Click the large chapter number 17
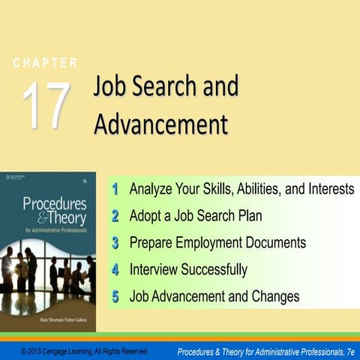(x=46, y=104)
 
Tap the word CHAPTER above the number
(x=45, y=63)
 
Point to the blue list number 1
(x=115, y=188)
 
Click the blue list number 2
(x=115, y=215)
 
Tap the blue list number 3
(x=115, y=242)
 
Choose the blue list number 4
(x=115, y=269)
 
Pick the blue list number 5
(x=115, y=296)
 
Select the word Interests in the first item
(x=327, y=188)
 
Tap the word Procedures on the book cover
(x=53, y=203)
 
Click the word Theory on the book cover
(x=64, y=217)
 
